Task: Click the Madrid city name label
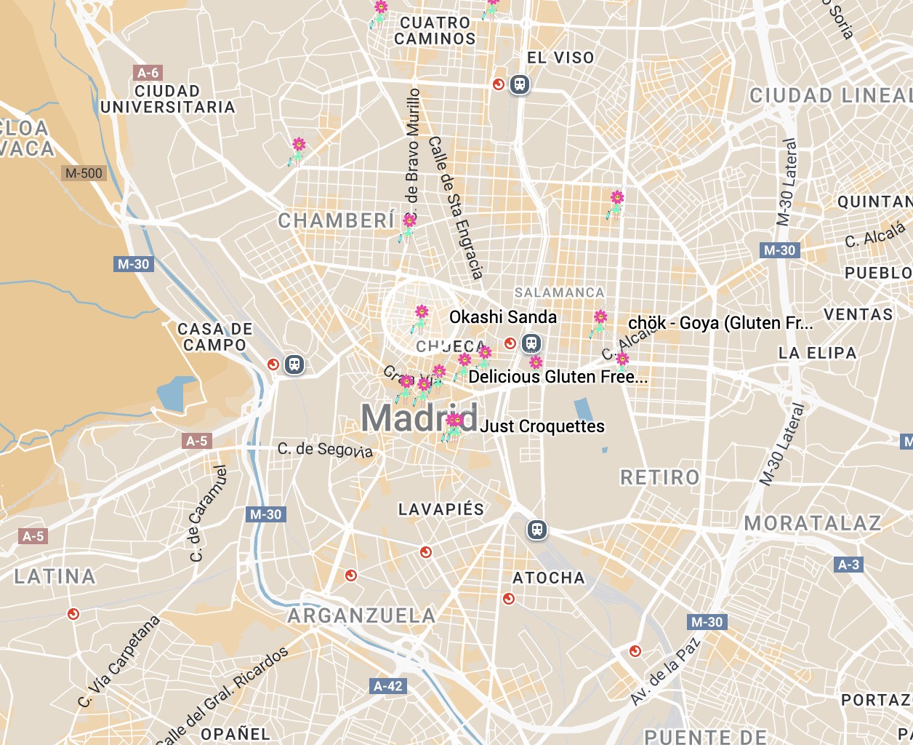[x=419, y=418]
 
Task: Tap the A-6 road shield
[x=148, y=73]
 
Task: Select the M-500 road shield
[x=84, y=173]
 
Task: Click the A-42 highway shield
[x=387, y=686]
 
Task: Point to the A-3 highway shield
[x=848, y=565]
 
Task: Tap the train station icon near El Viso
[x=519, y=84]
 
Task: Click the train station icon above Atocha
[x=537, y=530]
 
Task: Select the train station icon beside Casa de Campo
[x=294, y=364]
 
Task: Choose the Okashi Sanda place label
[x=503, y=317]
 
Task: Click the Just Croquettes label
[x=542, y=426]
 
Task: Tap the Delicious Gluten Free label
[x=558, y=377]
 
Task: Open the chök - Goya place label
[x=720, y=323]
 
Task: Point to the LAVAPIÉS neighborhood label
[x=441, y=509]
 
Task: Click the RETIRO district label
[x=660, y=478]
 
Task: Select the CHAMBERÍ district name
[x=337, y=220]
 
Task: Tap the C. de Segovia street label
[x=325, y=450]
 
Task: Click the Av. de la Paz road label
[x=664, y=671]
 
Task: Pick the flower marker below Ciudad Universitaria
[x=298, y=149]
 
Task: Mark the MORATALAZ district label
[x=813, y=523]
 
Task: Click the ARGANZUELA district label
[x=361, y=616]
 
